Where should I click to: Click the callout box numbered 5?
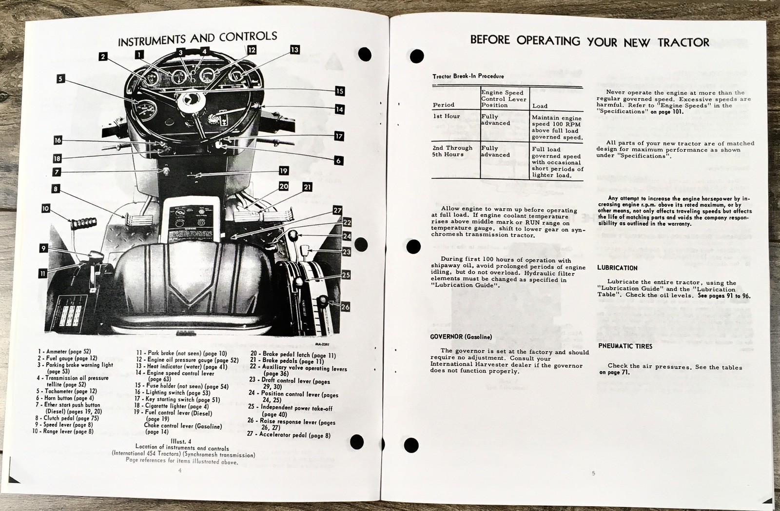click(x=60, y=79)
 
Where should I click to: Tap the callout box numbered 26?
click(x=345, y=307)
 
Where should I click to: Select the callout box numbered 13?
click(x=294, y=49)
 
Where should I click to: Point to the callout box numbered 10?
click(x=45, y=209)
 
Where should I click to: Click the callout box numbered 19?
click(x=284, y=171)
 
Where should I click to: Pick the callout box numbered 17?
click(x=339, y=136)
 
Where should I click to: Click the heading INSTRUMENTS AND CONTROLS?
click(x=197, y=39)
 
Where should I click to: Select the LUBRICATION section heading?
click(x=617, y=268)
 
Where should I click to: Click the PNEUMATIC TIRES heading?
click(x=625, y=346)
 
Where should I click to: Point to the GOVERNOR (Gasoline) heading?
click(x=461, y=336)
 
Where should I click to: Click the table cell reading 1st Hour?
click(x=446, y=116)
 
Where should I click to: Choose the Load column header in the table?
click(x=539, y=106)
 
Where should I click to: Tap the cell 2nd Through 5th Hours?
click(x=452, y=151)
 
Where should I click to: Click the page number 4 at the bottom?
click(x=180, y=471)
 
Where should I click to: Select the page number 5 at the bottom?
click(x=593, y=473)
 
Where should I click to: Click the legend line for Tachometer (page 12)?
click(x=67, y=391)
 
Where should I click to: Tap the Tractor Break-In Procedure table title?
click(x=468, y=76)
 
